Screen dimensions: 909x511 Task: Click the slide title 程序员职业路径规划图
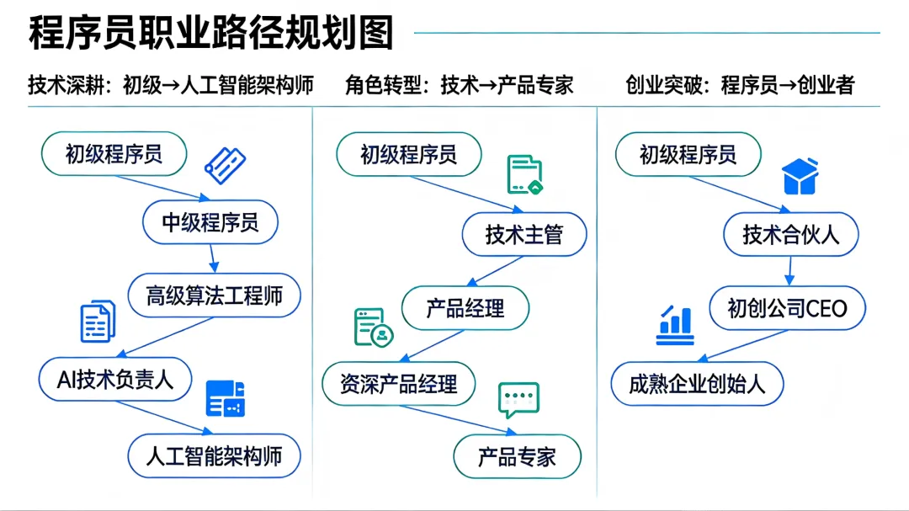point(211,33)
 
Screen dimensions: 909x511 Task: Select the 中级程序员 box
point(210,222)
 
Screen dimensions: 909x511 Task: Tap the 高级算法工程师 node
point(214,295)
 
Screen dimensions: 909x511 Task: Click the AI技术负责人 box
point(115,379)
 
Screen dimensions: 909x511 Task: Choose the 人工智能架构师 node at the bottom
point(214,455)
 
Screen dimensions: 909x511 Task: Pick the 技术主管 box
point(524,234)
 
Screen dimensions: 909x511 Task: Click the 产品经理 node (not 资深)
point(465,308)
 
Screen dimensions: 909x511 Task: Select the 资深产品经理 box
point(398,384)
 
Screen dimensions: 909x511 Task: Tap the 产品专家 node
point(517,456)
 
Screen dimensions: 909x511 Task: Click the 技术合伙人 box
point(791,234)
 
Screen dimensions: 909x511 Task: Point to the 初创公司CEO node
point(788,309)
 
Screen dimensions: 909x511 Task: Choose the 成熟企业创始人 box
point(697,384)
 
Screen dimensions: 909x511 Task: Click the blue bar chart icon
point(675,326)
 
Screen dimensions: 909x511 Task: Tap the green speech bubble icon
point(518,400)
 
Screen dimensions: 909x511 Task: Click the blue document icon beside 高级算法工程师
point(98,322)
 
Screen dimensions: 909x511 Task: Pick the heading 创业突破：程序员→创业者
point(740,85)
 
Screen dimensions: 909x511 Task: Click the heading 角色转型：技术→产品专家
point(459,85)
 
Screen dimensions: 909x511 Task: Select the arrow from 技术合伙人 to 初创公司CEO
point(790,270)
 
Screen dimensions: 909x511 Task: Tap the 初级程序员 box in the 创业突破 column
point(688,154)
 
